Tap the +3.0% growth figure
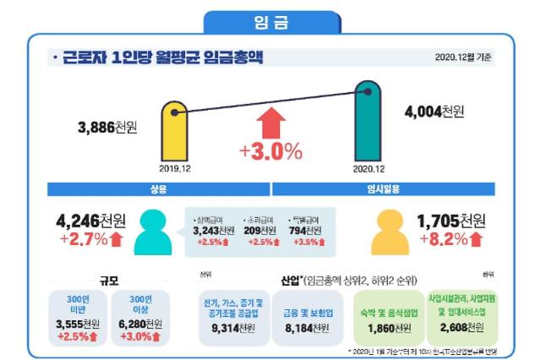270,151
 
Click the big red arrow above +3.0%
270,121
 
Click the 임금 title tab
270,19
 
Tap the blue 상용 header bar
158,188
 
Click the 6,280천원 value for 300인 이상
141,324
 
